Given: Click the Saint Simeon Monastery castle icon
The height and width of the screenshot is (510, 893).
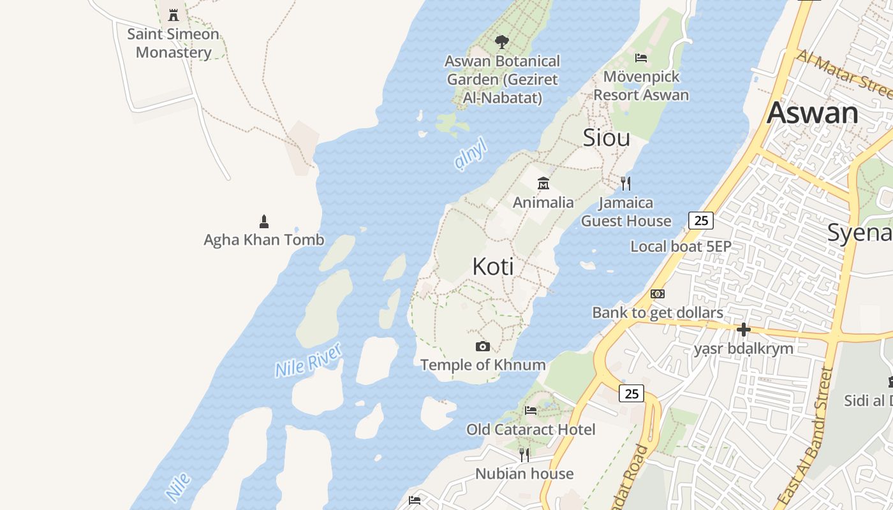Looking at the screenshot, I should tap(173, 15).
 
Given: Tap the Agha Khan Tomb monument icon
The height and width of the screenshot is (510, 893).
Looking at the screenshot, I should tap(264, 221).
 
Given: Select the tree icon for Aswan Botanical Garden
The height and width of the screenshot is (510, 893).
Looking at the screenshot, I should tap(502, 42).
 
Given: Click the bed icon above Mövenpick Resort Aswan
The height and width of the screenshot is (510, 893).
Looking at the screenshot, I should tap(641, 58).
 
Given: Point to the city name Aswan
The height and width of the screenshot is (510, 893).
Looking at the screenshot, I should tap(813, 113).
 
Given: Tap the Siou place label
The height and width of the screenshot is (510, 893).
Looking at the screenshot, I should tap(607, 138).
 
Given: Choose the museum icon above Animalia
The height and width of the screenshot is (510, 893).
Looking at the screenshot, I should tap(543, 184).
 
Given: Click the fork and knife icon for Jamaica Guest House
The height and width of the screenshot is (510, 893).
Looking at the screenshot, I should tap(626, 184).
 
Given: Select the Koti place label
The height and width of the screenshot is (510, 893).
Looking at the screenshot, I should tap(493, 266).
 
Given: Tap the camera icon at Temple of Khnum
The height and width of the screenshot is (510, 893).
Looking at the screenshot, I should tap(483, 346).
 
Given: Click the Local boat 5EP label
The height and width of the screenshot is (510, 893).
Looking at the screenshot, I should tap(681, 247).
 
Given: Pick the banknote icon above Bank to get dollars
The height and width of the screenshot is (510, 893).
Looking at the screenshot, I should tap(658, 294).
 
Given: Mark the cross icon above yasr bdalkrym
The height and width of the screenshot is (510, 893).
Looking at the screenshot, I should tap(743, 330).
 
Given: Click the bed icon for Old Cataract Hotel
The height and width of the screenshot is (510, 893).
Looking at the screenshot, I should tap(531, 410).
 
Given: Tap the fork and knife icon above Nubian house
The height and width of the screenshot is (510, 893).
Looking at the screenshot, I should tap(524, 455).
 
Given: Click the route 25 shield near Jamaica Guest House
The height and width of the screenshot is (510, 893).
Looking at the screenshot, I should tap(701, 221).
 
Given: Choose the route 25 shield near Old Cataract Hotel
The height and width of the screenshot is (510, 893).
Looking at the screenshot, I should tap(631, 393).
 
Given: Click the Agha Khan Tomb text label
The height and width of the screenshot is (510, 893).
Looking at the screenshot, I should tap(264, 240).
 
